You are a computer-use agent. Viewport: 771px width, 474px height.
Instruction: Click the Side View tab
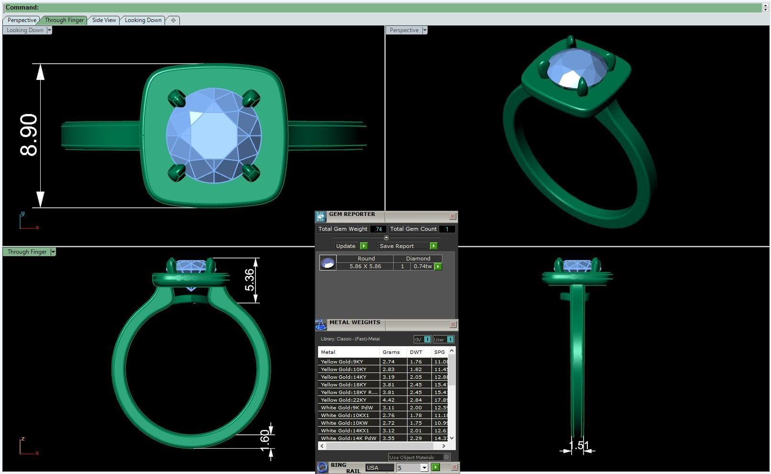point(104,20)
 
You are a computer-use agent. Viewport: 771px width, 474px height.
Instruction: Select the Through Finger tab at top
point(64,20)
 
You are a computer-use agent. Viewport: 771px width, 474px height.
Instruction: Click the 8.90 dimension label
point(29,135)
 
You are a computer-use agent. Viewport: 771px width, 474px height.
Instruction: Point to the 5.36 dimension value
point(250,280)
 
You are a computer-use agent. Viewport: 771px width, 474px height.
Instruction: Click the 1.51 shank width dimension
point(579,446)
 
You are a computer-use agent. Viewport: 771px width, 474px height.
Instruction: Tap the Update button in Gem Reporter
point(346,246)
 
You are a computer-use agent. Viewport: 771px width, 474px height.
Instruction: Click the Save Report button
point(397,246)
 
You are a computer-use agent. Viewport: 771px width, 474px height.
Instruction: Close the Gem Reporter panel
point(452,216)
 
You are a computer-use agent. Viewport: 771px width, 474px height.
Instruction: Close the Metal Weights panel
point(452,325)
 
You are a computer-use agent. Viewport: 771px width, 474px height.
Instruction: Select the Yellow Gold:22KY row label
point(344,400)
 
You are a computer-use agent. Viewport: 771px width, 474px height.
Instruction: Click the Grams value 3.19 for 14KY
point(388,377)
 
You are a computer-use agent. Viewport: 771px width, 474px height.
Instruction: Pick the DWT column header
point(416,352)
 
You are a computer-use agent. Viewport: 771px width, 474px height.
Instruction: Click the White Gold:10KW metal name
point(344,423)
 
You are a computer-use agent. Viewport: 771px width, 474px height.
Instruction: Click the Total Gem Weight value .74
point(378,229)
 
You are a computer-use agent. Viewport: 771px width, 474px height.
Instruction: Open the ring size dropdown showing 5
point(424,468)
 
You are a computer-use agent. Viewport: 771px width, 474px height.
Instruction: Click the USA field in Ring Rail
point(379,468)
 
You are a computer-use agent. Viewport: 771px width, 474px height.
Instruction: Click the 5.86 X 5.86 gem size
point(365,266)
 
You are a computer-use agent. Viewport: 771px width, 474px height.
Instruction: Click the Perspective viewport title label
point(404,30)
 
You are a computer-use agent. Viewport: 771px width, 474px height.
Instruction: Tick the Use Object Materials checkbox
point(446,457)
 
